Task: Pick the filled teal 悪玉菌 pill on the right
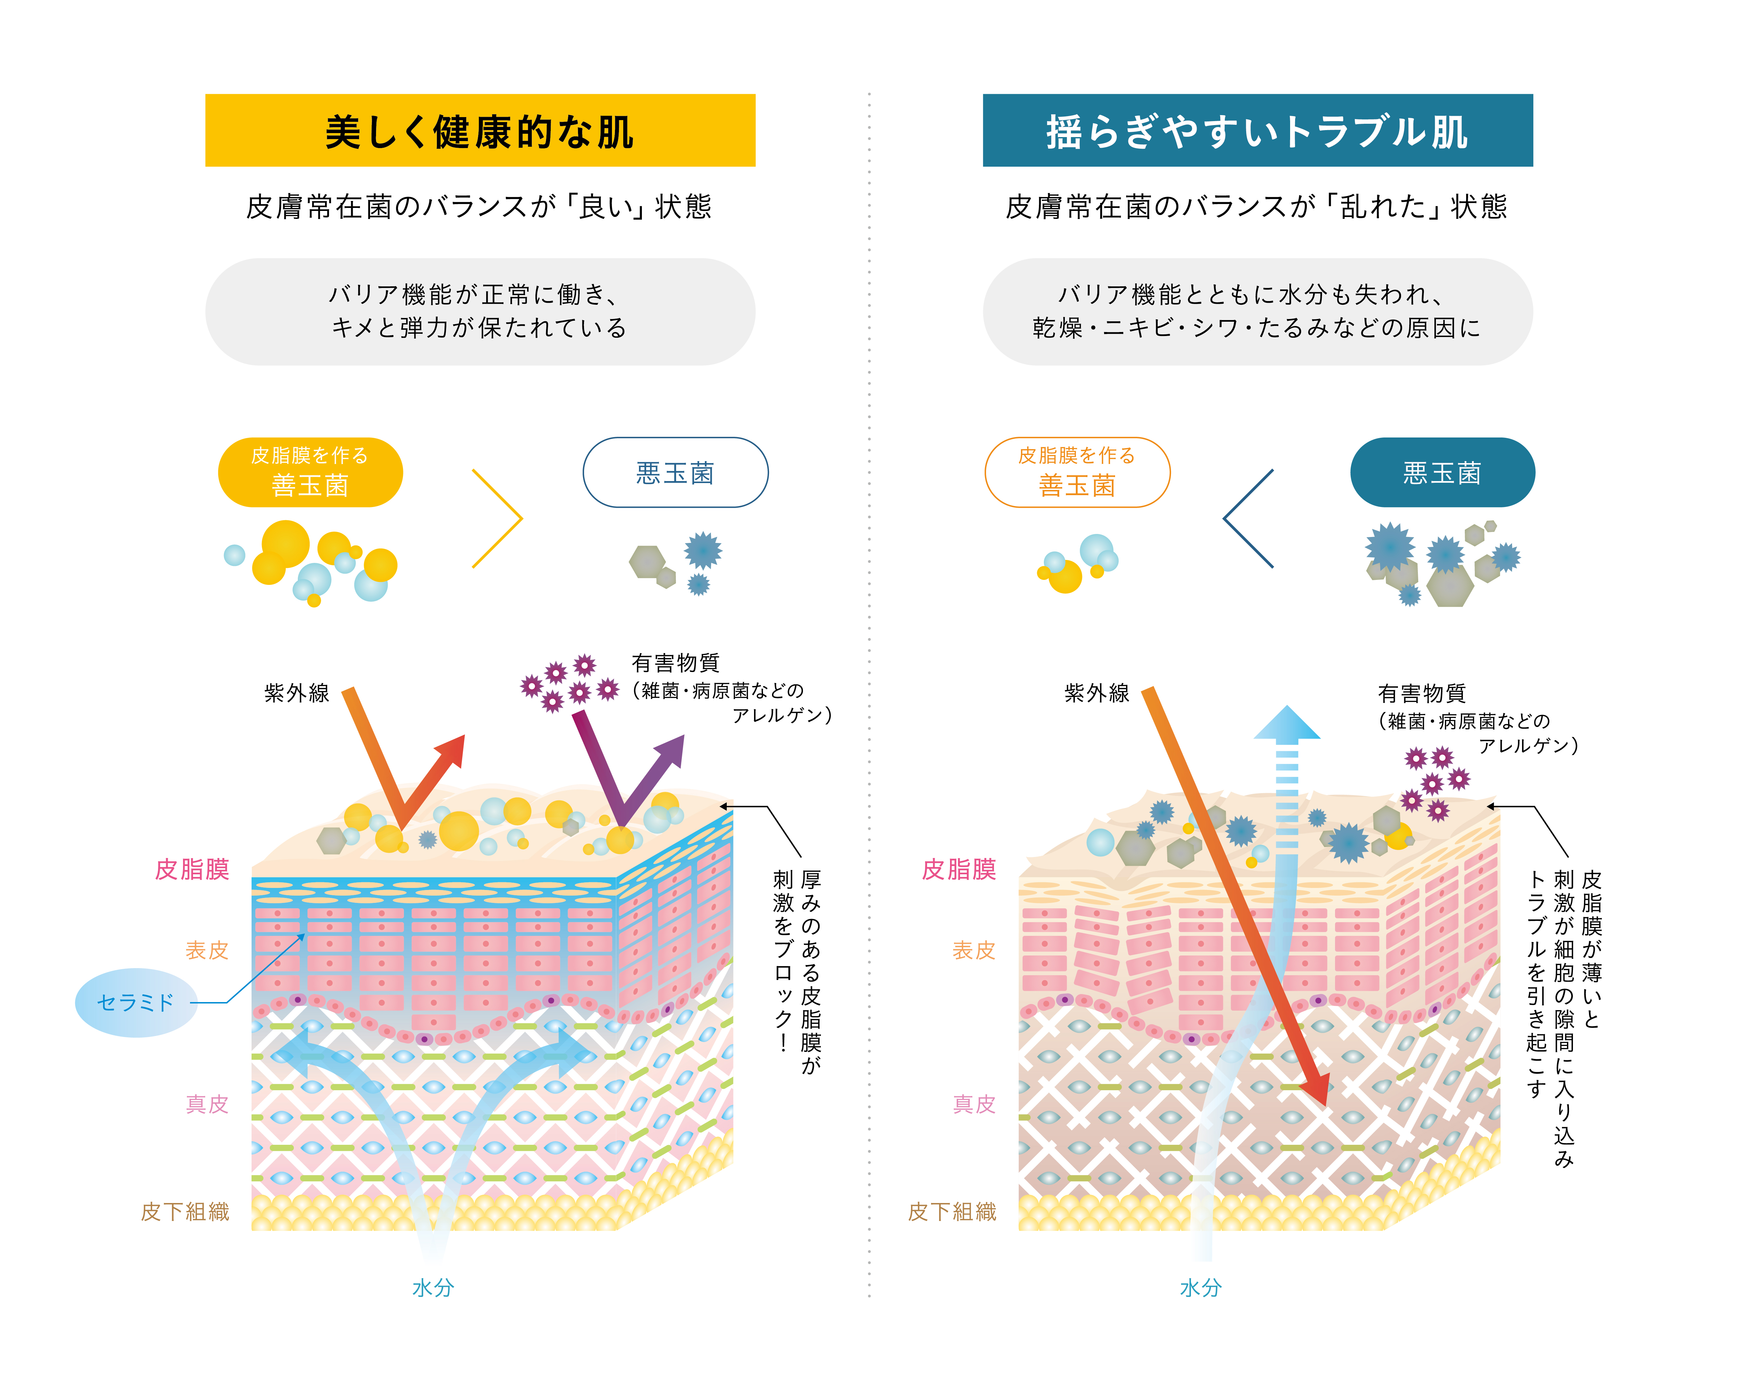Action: pyautogui.click(x=1442, y=472)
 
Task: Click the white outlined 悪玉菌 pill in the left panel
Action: pyautogui.click(x=675, y=472)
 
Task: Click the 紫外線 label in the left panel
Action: pyautogui.click(x=297, y=693)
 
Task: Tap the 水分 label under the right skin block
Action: pyautogui.click(x=1200, y=1288)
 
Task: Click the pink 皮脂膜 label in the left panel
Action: pyautogui.click(x=193, y=869)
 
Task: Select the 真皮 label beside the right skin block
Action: pyautogui.click(x=974, y=1104)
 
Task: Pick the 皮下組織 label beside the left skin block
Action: pyautogui.click(x=186, y=1211)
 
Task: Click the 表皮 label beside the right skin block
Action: pyautogui.click(x=974, y=950)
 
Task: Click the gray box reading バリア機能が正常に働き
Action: pyautogui.click(x=480, y=311)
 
